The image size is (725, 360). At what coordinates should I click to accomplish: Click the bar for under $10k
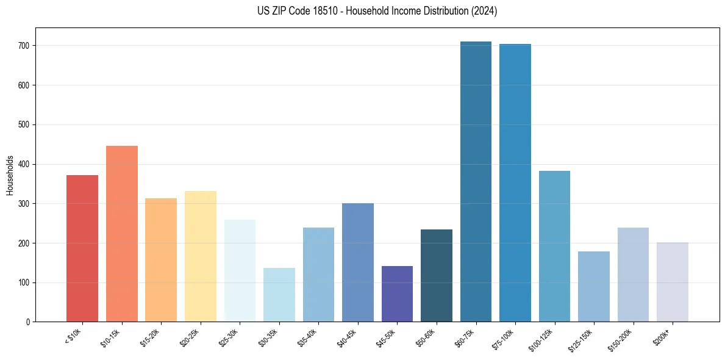point(82,248)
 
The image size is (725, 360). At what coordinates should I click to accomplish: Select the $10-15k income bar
point(121,234)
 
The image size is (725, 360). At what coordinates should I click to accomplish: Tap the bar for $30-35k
point(279,295)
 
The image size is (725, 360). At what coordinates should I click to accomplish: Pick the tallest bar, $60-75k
point(476,182)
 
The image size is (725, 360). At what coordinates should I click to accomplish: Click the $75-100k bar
point(515,183)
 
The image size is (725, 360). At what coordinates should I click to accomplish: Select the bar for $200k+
point(672,282)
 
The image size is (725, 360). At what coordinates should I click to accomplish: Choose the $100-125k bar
point(554,247)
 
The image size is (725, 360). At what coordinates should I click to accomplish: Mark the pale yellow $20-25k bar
point(200,256)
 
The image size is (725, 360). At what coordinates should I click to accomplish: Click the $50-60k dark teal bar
point(437,276)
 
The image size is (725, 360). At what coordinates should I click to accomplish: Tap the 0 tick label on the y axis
point(29,322)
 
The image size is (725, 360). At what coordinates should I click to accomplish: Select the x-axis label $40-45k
point(347,337)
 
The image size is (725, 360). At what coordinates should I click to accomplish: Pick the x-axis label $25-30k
point(229,337)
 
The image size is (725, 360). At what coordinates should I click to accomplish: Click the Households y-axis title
point(10,175)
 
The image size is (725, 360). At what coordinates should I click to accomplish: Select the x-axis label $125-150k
point(582,339)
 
